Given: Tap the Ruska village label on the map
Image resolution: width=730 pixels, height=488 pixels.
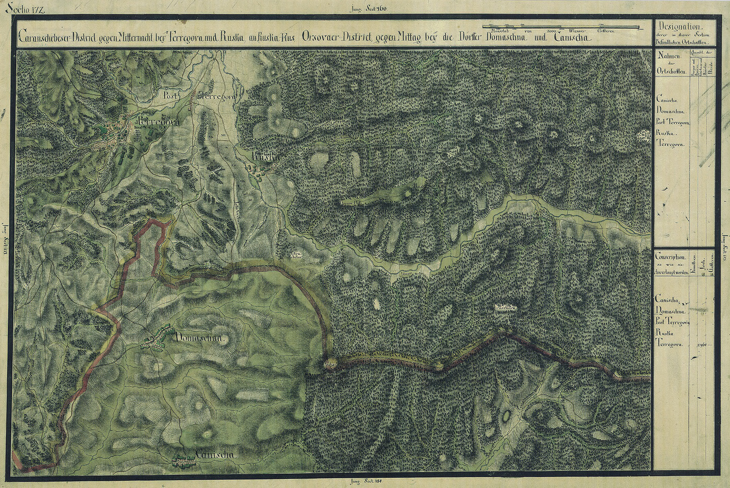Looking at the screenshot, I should click(265, 156).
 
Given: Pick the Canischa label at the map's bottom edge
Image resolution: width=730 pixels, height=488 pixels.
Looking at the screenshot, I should click(215, 455).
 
